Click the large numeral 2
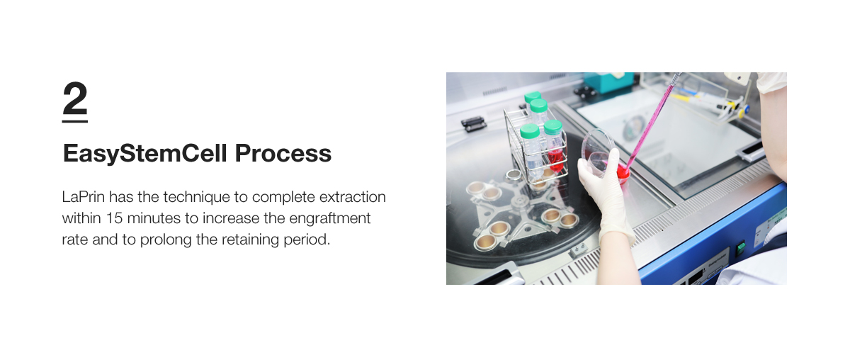(75, 98)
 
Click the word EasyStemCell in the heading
(145, 154)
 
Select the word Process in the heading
(283, 153)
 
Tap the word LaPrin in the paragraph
(83, 197)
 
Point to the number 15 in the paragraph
(114, 218)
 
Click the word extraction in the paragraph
(353, 197)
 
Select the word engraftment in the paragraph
(330, 219)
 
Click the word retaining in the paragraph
(251, 240)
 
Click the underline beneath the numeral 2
(75, 121)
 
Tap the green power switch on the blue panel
(740, 248)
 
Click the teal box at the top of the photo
(608, 82)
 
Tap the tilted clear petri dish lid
(597, 152)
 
